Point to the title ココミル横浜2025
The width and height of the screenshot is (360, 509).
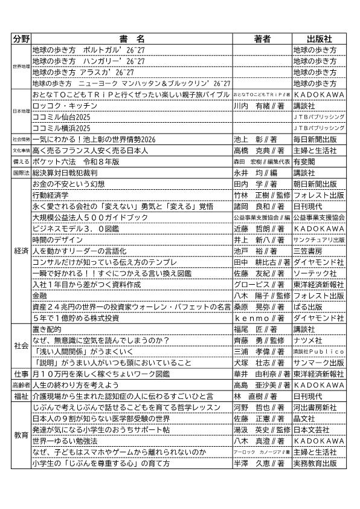coord(61,128)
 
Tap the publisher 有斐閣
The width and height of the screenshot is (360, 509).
coord(306,161)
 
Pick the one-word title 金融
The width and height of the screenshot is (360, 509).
coord(39,296)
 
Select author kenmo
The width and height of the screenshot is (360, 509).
coord(256,318)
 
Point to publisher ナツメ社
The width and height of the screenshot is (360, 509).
coord(307,340)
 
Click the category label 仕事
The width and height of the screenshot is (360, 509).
coord(21,374)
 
